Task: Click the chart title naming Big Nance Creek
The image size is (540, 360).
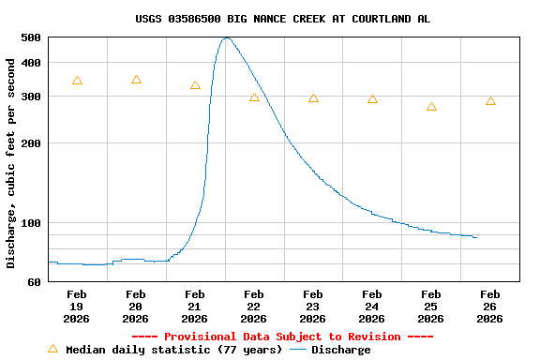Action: [283, 19]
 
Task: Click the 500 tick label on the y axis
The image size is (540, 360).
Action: [31, 37]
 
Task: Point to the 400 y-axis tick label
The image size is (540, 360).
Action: [31, 63]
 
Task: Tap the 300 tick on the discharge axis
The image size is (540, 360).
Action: [31, 97]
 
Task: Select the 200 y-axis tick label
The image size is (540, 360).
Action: [31, 143]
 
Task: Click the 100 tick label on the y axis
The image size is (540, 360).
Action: [31, 223]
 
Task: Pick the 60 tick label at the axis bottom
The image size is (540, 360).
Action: [35, 281]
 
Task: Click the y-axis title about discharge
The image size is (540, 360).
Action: [11, 163]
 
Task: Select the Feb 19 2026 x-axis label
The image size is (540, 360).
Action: [77, 307]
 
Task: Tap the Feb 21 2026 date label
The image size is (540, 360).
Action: [195, 307]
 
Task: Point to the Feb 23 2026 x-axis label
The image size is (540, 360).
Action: [313, 307]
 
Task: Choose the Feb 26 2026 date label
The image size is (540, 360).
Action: [490, 307]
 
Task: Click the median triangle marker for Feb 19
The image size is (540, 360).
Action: [77, 81]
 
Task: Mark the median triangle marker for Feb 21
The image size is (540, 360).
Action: [195, 85]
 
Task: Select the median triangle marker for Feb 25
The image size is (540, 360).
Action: [431, 107]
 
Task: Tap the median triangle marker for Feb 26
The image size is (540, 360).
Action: [490, 100]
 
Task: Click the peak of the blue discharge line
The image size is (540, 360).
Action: [226, 37]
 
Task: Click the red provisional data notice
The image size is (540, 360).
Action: [283, 337]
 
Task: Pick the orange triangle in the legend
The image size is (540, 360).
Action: [52, 349]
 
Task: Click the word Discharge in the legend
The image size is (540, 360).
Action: [340, 350]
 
